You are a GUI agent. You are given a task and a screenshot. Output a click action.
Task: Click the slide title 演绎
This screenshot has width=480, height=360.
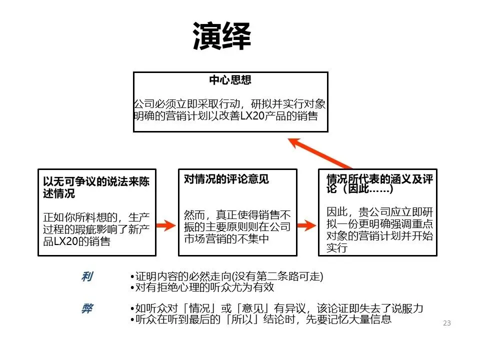(x=221, y=36)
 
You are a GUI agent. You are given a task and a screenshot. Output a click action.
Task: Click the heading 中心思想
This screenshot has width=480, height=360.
(x=230, y=80)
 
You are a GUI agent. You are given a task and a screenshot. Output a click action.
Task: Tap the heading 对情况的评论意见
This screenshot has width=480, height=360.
(x=226, y=179)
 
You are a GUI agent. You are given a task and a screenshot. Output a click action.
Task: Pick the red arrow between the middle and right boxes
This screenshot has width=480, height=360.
(x=305, y=225)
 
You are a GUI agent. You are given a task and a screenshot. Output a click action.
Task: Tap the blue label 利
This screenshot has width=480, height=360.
(x=86, y=277)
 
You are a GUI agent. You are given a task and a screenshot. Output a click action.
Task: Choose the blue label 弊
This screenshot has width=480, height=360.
(x=87, y=308)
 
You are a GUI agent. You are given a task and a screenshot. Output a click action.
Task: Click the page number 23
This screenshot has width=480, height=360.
(x=446, y=323)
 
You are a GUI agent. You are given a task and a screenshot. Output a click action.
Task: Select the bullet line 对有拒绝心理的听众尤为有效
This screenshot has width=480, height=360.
(x=201, y=288)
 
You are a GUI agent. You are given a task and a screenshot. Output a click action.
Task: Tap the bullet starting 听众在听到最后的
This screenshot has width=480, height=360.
(x=260, y=319)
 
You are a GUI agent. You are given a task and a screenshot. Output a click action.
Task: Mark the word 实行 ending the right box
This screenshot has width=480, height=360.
(x=336, y=248)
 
